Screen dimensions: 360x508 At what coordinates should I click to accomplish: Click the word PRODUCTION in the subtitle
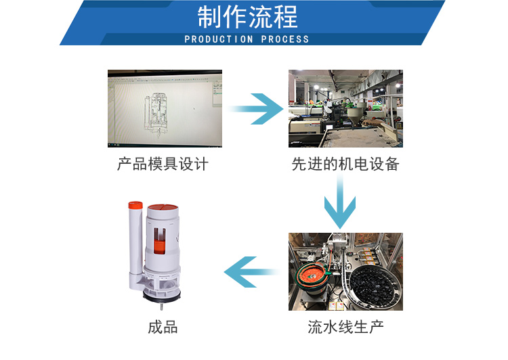click(218, 39)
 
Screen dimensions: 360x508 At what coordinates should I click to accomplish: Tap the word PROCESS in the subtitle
click(285, 39)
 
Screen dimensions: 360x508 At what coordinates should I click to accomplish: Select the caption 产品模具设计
click(163, 164)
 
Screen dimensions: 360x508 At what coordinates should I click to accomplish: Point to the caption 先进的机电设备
click(345, 164)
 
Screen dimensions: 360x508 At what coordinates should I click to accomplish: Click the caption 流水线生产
click(345, 328)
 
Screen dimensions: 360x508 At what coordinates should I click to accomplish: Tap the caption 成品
click(163, 328)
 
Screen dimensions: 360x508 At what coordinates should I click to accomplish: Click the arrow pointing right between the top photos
click(256, 109)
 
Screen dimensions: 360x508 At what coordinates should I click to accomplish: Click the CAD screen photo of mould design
click(165, 108)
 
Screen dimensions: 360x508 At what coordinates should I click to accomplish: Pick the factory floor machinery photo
click(345, 108)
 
